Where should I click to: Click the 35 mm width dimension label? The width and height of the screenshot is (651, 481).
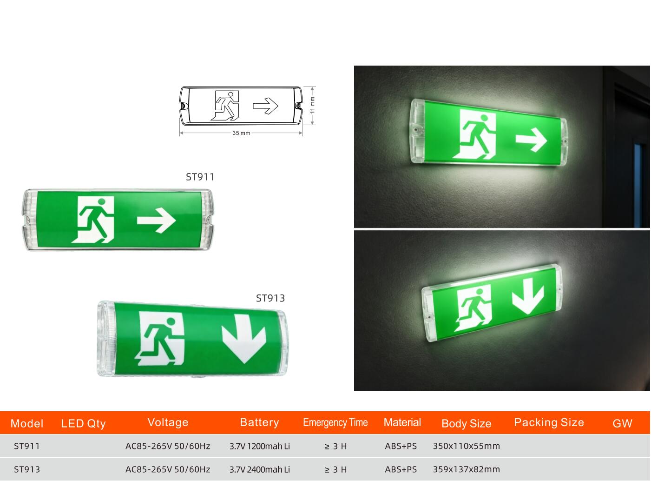pos(241,133)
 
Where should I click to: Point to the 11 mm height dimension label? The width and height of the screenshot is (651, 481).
pos(313,105)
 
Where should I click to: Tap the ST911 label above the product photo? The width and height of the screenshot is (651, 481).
pos(200,177)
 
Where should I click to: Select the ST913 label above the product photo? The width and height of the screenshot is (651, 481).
pos(270,298)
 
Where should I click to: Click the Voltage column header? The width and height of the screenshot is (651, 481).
pos(168,422)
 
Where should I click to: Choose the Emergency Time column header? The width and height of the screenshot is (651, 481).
pos(335,422)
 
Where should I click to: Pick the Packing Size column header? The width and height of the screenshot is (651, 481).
pos(549,422)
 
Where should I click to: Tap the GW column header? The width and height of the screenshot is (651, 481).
pos(622,423)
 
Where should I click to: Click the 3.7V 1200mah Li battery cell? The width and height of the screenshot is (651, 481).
pos(259,446)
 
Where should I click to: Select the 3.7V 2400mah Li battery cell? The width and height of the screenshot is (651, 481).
pos(259,469)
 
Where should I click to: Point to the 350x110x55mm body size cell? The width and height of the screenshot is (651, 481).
pos(466,446)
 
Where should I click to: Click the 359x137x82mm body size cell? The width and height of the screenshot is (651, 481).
pos(466,469)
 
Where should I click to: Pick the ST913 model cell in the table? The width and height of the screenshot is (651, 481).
pos(26,469)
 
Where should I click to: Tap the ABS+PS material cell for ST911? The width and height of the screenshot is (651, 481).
pos(401,446)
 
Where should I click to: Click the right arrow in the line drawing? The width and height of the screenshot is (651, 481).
pos(265,106)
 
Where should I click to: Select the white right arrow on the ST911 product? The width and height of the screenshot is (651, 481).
pos(157,220)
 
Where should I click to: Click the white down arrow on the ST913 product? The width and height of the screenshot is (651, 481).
pos(243,339)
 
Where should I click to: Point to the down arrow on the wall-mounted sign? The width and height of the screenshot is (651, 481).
pos(528,295)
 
